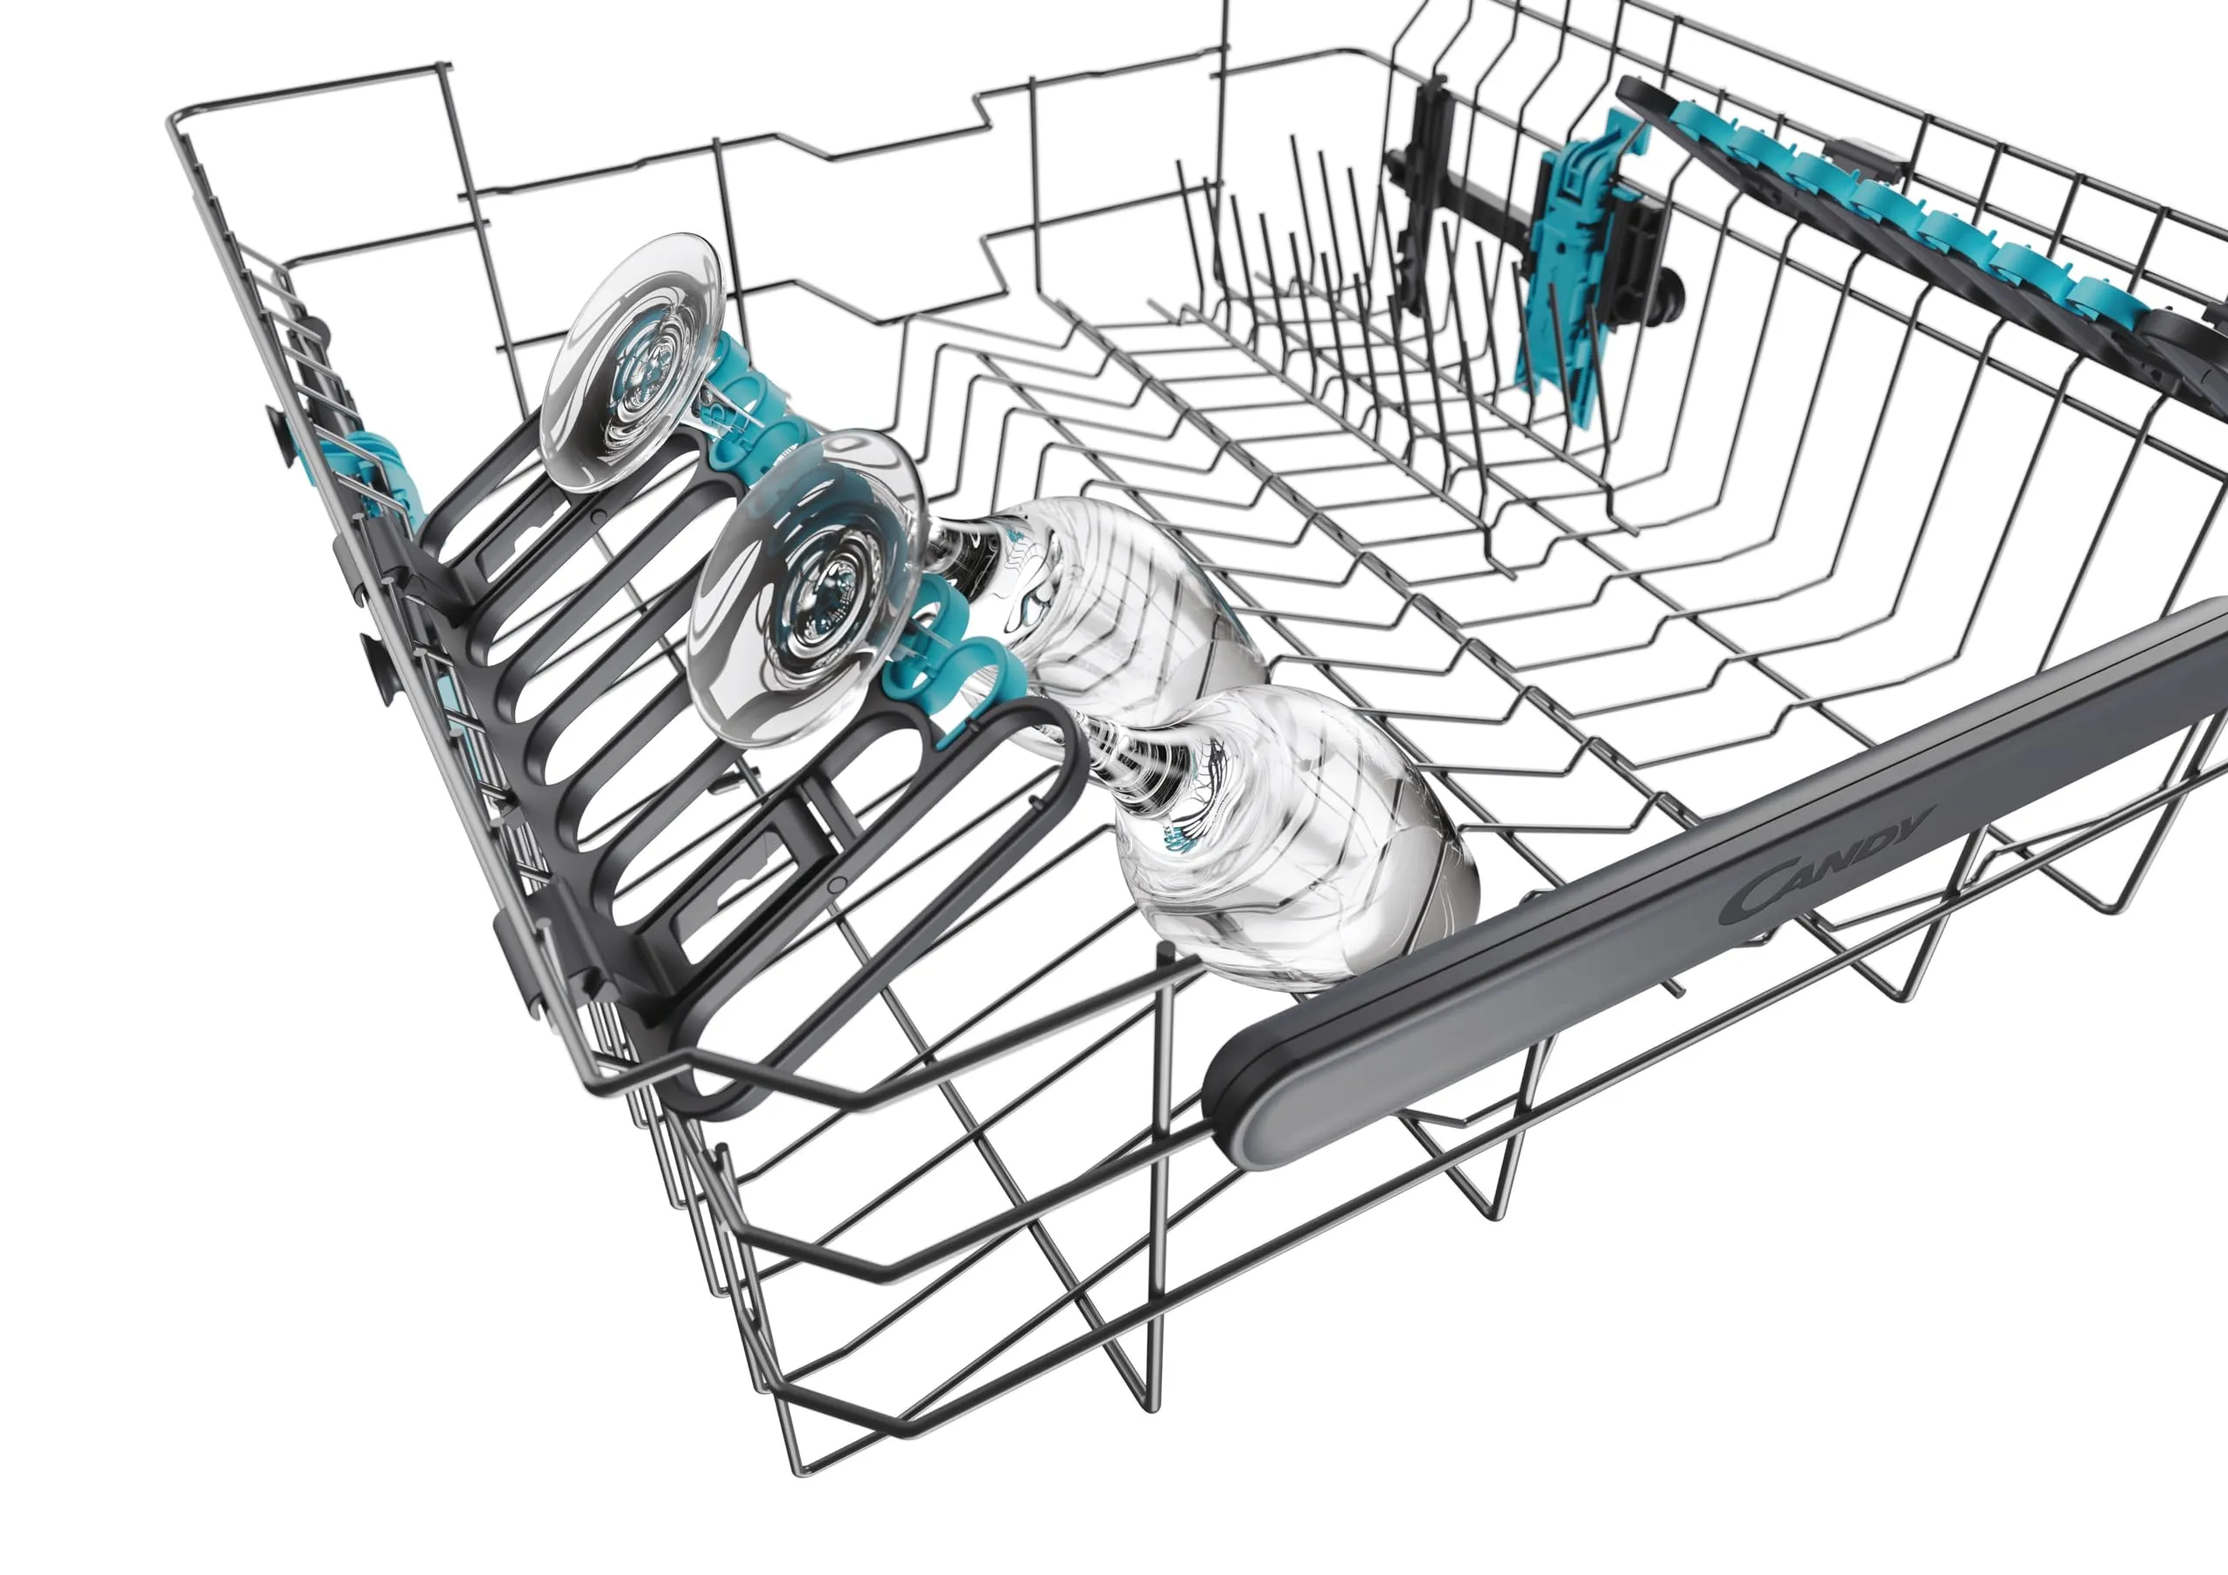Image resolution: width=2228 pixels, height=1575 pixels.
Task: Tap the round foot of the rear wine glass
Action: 632,363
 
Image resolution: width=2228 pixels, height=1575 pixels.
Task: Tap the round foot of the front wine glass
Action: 804,587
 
